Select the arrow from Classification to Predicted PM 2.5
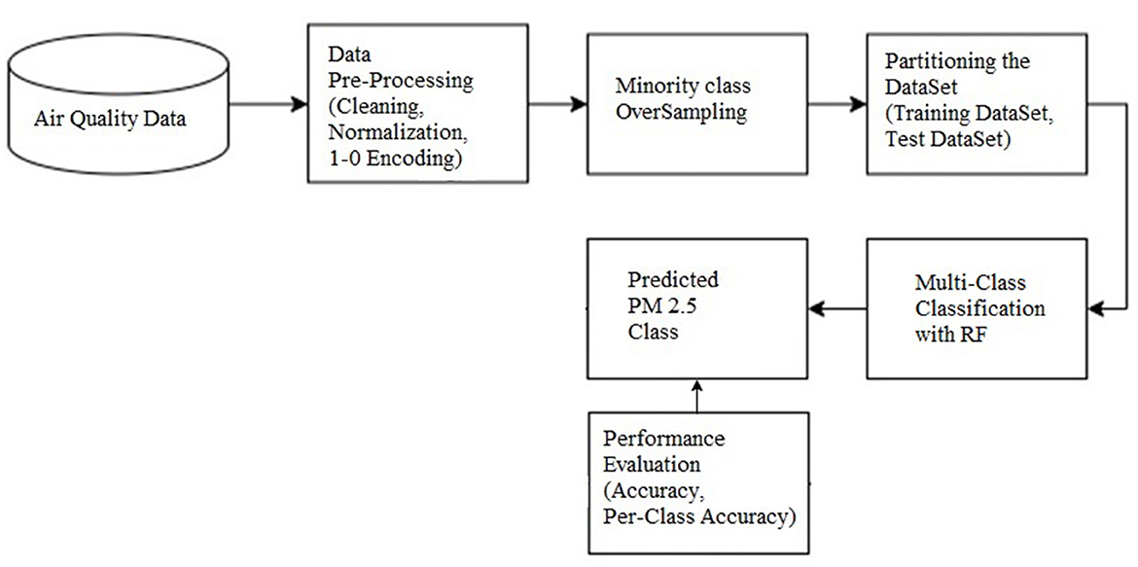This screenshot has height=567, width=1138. click(838, 309)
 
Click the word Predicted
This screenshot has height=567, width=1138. click(673, 279)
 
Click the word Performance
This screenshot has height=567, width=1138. click(663, 439)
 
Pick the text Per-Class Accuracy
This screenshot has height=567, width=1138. click(698, 515)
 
